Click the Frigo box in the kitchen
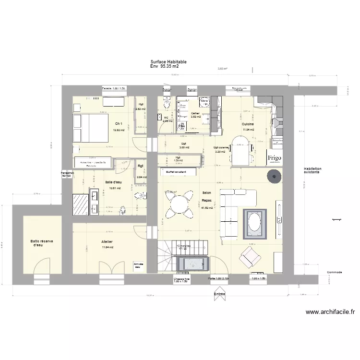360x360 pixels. pos(275,158)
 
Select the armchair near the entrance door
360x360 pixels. pos(249,258)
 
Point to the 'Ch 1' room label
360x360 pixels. pos(118,124)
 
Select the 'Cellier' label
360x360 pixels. pos(195,113)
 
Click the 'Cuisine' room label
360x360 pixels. pos(248,124)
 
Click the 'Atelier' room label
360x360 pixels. pos(107,241)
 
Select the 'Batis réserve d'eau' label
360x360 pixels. pos(42,243)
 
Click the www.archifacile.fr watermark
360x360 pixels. pos(330,312)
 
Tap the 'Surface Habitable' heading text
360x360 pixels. pos(168,62)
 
